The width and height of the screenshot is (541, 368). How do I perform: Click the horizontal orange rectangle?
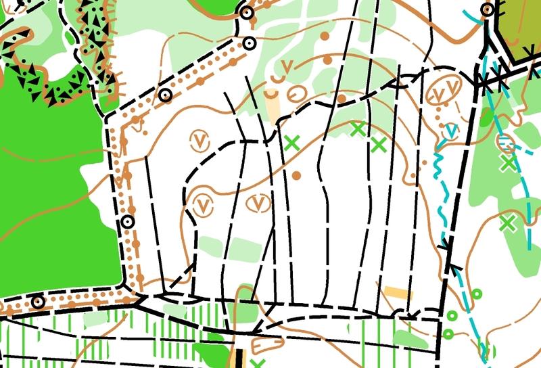coord(398,293)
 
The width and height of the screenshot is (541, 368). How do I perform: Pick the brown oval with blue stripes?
coord(505,142)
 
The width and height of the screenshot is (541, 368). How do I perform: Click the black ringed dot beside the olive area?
coord(488,10)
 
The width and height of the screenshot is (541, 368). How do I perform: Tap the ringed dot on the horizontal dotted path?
coord(38,302)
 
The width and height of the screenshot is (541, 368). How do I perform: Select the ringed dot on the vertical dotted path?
coord(127,222)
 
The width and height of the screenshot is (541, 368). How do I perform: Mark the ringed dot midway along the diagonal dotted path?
coord(166,95)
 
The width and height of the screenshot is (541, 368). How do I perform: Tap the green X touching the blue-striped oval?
coord(508,162)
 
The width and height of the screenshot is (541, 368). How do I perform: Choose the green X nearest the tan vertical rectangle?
coord(291,143)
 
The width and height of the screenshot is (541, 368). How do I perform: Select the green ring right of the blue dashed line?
coord(477,294)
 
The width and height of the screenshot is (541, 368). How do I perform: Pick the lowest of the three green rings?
coord(448,333)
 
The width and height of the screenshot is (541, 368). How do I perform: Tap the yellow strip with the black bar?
coord(236,359)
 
